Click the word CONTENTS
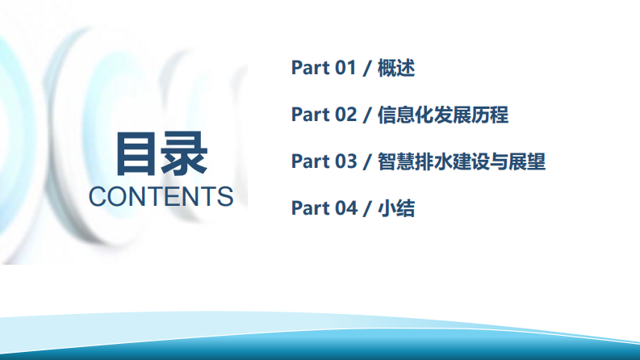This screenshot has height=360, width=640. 161,196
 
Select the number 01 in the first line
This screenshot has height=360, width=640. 345,68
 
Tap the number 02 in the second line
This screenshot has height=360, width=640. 345,115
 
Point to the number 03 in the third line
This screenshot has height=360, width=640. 345,161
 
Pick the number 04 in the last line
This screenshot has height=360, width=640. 345,208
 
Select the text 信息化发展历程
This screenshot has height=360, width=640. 442,115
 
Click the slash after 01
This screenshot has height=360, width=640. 367,68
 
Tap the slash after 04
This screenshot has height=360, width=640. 367,208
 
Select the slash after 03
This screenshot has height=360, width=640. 367,161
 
